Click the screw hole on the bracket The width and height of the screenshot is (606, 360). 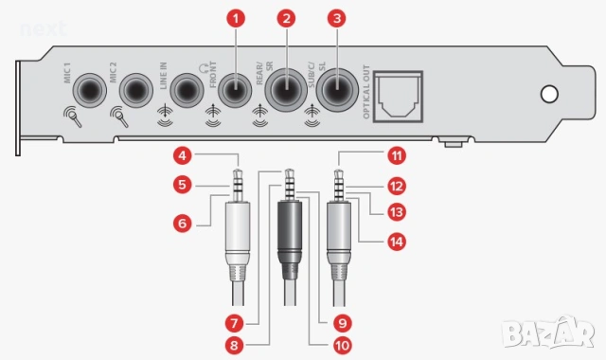(547, 95)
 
